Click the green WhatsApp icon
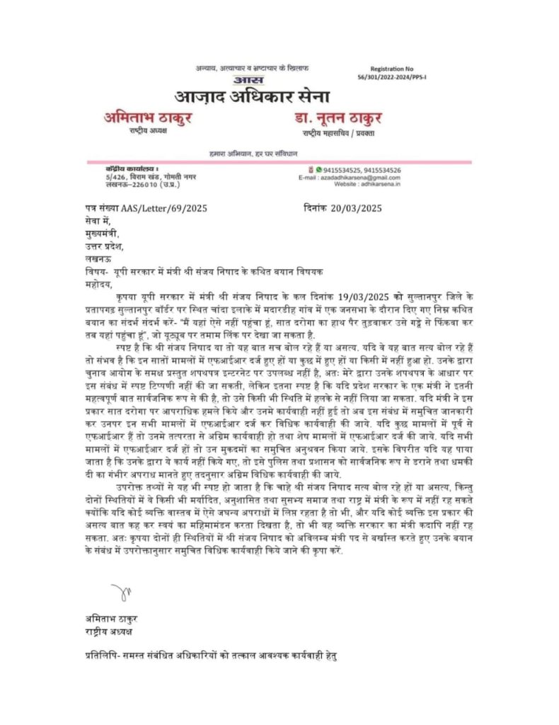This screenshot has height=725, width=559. [318, 170]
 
